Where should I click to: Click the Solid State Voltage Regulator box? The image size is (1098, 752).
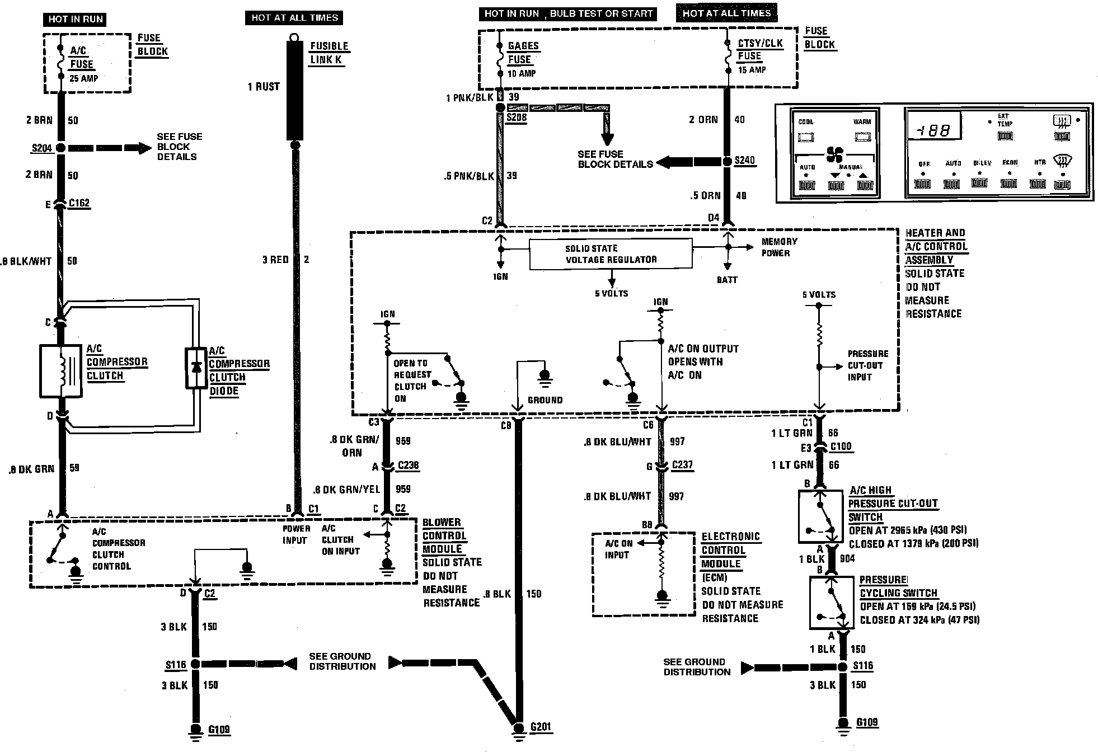611,254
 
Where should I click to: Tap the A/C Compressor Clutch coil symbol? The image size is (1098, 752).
61,371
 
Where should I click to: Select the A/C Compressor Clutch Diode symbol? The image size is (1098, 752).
196,368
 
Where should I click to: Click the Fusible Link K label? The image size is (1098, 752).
329,53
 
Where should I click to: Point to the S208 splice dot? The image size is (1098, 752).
500,107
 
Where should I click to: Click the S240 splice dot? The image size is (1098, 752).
727,162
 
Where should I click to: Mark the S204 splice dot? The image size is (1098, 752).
60,148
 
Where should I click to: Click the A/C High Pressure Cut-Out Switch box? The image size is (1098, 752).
820,516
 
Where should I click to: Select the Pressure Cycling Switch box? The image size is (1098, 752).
832,603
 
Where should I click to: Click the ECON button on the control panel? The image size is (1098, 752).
1008,183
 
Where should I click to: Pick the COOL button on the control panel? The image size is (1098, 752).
806,137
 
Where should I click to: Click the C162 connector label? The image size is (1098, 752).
79,203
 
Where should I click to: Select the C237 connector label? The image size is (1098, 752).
683,465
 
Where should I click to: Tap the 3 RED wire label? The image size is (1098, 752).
275,260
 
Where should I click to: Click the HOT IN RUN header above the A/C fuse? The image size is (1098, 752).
76,19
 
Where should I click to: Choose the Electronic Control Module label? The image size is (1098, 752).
730,550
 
